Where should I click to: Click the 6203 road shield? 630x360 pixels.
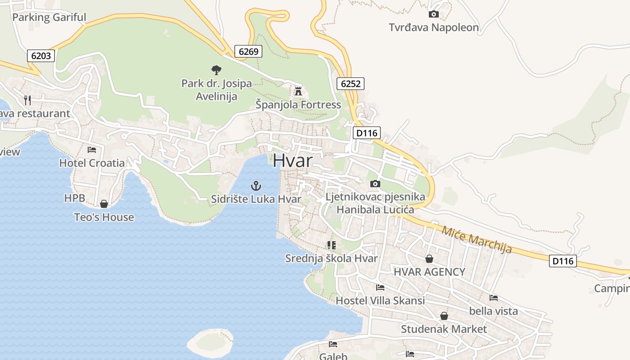[41, 56]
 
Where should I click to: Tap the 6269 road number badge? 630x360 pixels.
[248, 51]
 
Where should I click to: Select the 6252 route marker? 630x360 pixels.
[350, 83]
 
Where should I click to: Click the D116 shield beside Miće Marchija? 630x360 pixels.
[562, 261]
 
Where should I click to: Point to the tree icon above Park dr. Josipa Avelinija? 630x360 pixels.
[216, 70]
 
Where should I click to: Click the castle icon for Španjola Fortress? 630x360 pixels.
[298, 91]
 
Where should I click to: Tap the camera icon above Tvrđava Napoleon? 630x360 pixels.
[433, 14]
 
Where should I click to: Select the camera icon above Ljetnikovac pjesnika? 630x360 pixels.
[375, 184]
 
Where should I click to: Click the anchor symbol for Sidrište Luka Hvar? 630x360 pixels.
[256, 185]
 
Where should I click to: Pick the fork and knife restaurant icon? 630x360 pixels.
[28, 100]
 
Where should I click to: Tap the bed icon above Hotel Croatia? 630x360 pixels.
[92, 150]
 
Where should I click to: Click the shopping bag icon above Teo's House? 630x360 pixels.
[104, 204]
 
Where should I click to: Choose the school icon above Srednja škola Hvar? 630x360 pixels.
[332, 245]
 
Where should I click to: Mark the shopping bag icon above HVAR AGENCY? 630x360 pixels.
[429, 259]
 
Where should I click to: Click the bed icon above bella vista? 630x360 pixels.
[493, 297]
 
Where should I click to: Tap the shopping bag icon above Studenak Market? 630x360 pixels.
[444, 316]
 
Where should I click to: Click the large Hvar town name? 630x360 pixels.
[292, 161]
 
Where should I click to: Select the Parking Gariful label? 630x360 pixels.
[49, 18]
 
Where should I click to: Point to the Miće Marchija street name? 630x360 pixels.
[477, 239]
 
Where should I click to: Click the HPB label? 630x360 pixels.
[74, 198]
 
